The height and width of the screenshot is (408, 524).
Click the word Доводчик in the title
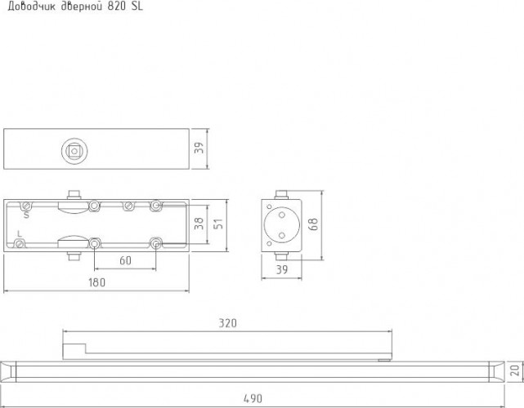point(31,7)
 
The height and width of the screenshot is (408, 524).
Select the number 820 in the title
point(116,7)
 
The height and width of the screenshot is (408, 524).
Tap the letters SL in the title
point(137,7)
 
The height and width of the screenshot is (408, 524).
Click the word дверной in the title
point(82,7)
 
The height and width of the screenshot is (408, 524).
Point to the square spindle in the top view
point(74,151)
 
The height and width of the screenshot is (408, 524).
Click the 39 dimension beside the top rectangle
point(199,148)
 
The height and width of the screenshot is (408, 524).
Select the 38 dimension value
point(199,224)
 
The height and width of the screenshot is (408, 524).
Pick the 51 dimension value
point(218,224)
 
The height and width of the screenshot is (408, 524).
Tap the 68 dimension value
point(314,224)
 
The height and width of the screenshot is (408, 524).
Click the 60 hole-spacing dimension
point(125,260)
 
